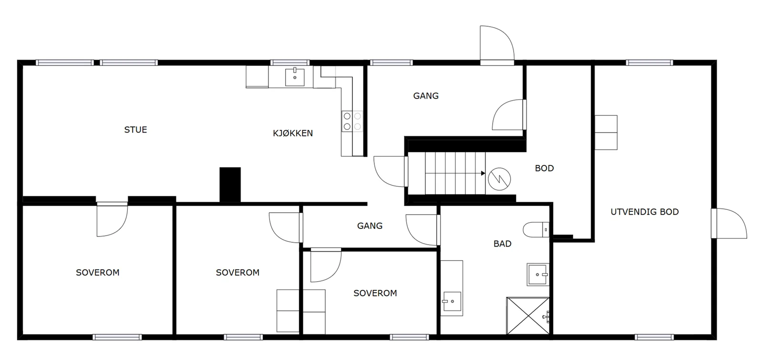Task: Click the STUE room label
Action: point(135,130)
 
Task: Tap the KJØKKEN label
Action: point(293,133)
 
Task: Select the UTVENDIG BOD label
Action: point(645,212)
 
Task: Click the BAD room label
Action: point(503,244)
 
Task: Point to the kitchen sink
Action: point(295,77)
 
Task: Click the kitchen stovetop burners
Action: point(352,121)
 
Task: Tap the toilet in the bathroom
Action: point(536,229)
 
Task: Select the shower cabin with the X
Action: point(528,316)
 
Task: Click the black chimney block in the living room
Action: point(230,185)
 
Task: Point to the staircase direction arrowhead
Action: point(483,174)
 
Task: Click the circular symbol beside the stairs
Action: point(499,179)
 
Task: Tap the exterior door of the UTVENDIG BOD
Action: point(729,224)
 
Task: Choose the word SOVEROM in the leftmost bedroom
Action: point(98,272)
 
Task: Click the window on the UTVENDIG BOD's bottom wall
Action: point(654,337)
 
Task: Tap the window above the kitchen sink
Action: point(290,62)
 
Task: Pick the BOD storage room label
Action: point(544,168)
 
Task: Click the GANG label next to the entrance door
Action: point(426,96)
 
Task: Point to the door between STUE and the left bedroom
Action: point(112,219)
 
